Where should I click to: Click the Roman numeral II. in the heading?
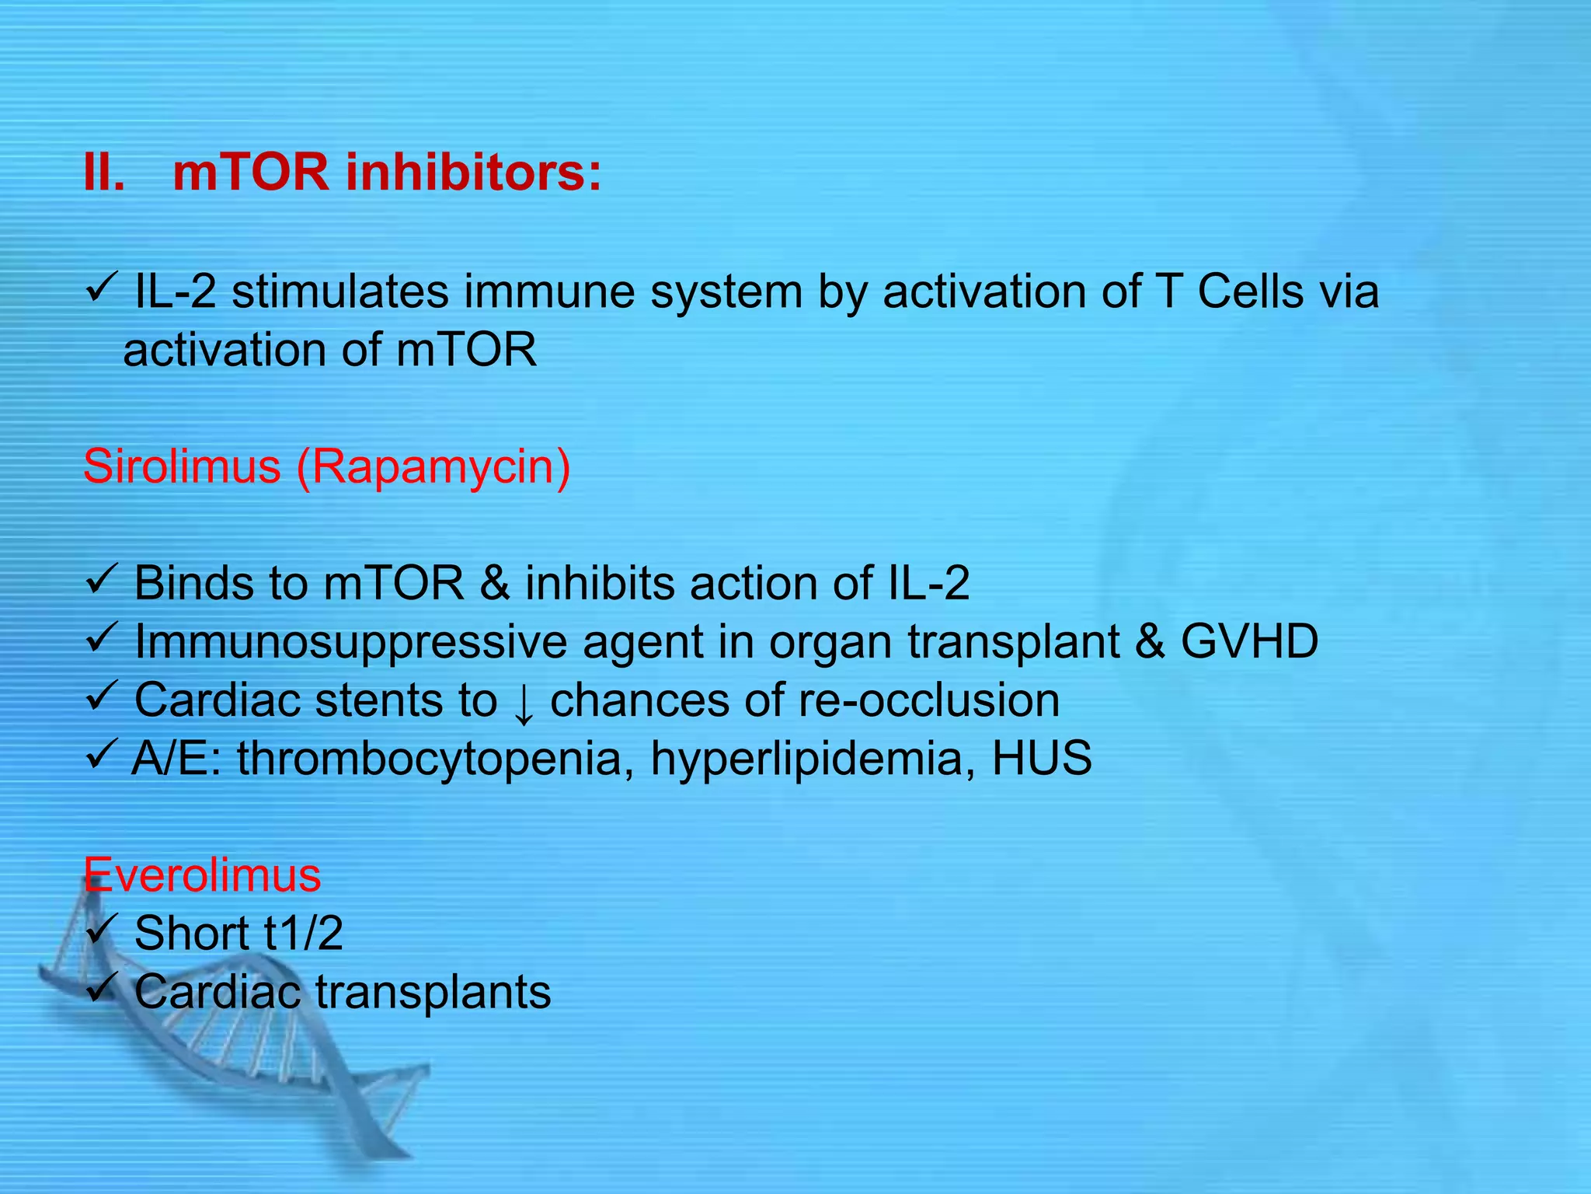(104, 173)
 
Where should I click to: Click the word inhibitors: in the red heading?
(473, 173)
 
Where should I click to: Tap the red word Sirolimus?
(182, 467)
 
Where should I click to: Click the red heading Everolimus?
(202, 875)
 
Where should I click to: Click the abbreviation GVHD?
(1249, 642)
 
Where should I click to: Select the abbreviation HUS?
(1042, 759)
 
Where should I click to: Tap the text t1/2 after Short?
(303, 934)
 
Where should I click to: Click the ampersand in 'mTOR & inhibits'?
(495, 584)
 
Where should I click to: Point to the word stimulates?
(340, 292)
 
